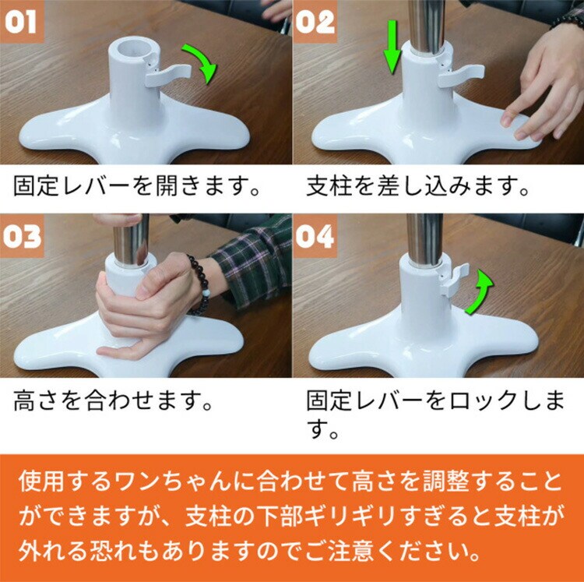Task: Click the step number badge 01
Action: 22,22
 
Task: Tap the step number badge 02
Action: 315,22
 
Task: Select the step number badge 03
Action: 22,236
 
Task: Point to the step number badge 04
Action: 315,236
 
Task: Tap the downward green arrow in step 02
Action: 392,47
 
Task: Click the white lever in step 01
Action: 167,74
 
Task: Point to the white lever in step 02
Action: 461,76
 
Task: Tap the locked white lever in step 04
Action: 452,280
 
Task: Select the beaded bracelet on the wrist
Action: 199,285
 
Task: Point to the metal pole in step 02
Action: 427,26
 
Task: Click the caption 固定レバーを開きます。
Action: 136,186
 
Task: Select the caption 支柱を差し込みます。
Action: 417,186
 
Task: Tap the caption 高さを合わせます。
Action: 112,400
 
